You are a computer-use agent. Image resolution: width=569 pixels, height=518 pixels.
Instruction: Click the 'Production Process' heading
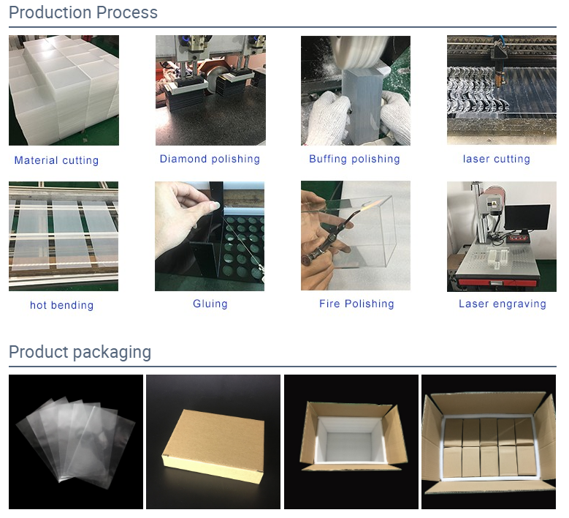point(83,12)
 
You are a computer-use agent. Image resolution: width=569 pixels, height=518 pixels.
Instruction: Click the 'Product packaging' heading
point(80,352)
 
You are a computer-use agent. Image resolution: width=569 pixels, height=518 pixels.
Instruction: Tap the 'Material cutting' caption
point(56,160)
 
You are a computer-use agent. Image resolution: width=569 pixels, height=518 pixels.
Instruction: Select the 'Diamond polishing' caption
point(210,159)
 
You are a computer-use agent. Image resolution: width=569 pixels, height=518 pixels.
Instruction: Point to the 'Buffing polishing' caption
point(354,159)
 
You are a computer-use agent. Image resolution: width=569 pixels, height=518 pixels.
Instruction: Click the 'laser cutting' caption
point(497,159)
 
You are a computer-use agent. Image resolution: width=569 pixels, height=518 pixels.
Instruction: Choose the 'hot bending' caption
point(61,305)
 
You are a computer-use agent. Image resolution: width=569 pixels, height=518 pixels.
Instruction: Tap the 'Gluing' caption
point(210,304)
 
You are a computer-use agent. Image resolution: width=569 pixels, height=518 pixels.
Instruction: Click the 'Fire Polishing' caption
point(356,304)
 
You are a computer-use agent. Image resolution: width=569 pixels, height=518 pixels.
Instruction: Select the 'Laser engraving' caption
point(503,304)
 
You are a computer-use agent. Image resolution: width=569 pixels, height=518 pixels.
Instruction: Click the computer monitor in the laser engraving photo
point(527,218)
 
